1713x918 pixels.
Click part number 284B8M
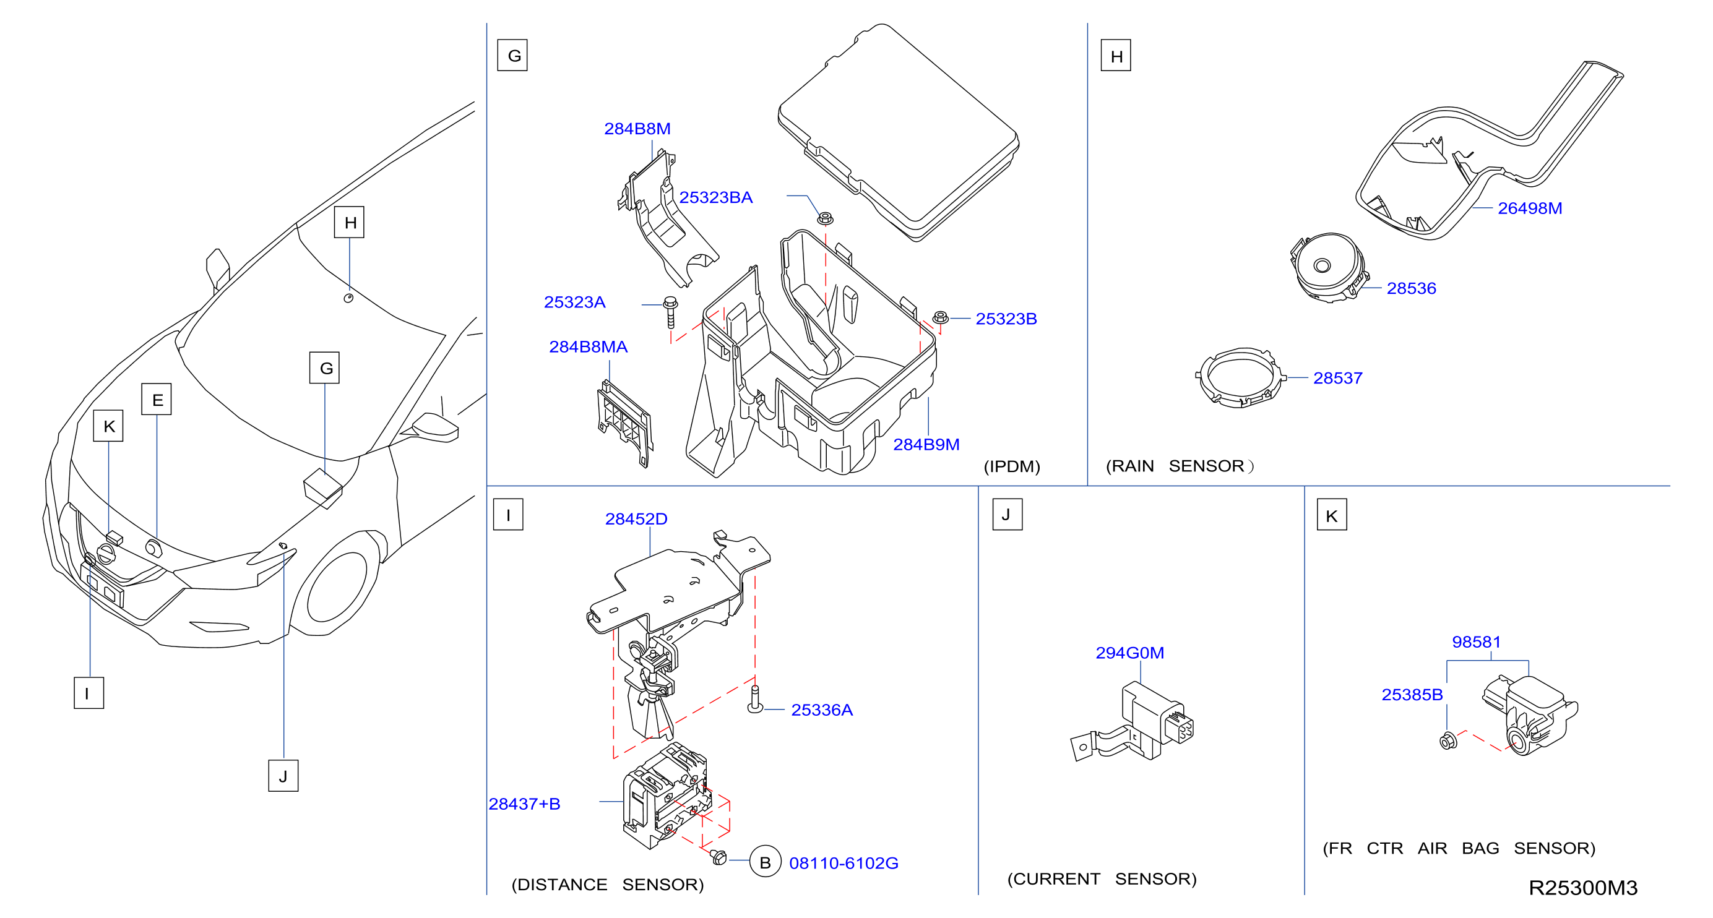(x=637, y=128)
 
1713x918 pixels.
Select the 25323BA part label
(x=715, y=197)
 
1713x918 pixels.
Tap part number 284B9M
(x=926, y=444)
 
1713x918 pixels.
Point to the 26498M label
(x=1529, y=208)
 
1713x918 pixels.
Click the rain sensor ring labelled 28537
(x=1241, y=377)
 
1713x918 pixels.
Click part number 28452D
(x=636, y=518)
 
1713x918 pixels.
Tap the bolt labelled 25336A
(x=755, y=699)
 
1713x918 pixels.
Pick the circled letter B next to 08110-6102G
(x=766, y=862)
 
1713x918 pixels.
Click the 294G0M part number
(x=1130, y=653)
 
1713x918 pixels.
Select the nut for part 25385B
(x=1448, y=740)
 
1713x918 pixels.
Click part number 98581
(x=1476, y=641)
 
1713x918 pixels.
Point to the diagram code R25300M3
(x=1582, y=888)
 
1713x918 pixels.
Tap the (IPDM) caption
(x=1011, y=466)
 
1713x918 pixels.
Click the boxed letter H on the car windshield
(x=349, y=222)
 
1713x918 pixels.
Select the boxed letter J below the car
(x=283, y=776)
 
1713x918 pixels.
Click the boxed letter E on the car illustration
(x=157, y=399)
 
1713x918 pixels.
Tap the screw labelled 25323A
(x=670, y=312)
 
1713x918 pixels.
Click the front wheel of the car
(x=337, y=585)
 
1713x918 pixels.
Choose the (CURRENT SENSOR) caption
(x=1102, y=879)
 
